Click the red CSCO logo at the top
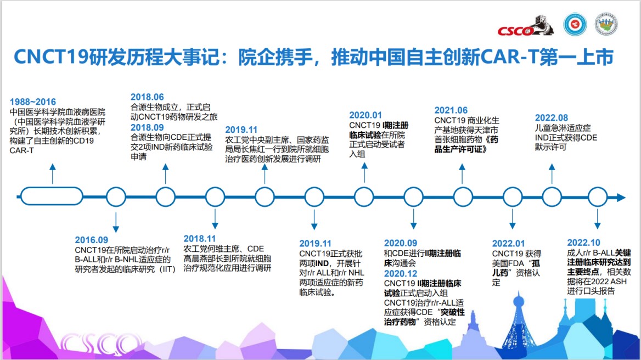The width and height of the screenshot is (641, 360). pyautogui.click(x=525, y=26)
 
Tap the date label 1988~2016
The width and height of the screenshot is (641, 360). pyautogui.click(x=33, y=102)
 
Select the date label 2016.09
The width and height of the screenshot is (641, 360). pyautogui.click(x=92, y=240)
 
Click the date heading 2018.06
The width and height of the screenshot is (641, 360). pyautogui.click(x=147, y=97)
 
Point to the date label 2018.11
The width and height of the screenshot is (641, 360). pyautogui.click(x=200, y=239)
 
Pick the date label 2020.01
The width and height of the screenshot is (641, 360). pyautogui.click(x=366, y=115)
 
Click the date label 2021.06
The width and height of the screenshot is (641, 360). pyautogui.click(x=451, y=110)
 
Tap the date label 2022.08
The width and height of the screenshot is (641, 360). pyautogui.click(x=552, y=117)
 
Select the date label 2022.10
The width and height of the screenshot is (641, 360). pyautogui.click(x=584, y=243)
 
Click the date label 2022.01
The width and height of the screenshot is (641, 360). pyautogui.click(x=509, y=244)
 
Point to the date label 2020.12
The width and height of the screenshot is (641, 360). pyautogui.click(x=401, y=273)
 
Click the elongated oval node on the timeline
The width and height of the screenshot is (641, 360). pyautogui.click(x=52, y=196)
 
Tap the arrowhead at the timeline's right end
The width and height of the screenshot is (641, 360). pyautogui.click(x=621, y=198)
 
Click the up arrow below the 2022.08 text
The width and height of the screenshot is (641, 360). pyautogui.click(x=552, y=173)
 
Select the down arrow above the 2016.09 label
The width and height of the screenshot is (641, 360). pyautogui.click(x=116, y=222)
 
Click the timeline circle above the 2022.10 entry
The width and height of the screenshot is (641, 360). pyautogui.click(x=598, y=197)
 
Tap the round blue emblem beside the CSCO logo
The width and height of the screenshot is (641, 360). pyautogui.click(x=575, y=24)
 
